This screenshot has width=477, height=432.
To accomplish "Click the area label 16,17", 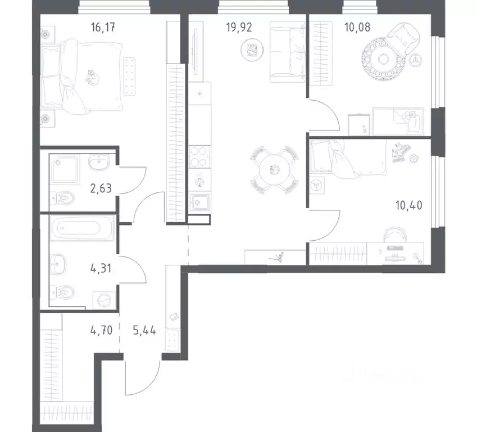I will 107,25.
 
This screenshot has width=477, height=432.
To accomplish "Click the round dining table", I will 274,168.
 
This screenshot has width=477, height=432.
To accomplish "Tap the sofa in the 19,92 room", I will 287,52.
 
